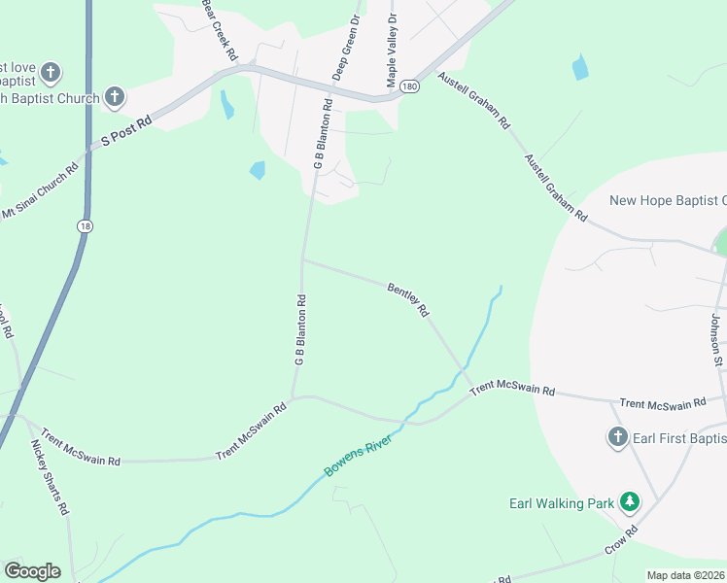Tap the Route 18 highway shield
[85, 224]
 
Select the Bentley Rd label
[408, 299]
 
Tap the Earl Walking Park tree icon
[631, 501]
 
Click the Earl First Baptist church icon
[617, 437]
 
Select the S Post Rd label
[127, 132]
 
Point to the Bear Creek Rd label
[221, 30]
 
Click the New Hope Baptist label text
[667, 201]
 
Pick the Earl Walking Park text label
[562, 503]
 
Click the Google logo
[32, 571]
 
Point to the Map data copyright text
[686, 575]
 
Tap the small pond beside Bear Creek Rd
[227, 104]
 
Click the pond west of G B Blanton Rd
[258, 170]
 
